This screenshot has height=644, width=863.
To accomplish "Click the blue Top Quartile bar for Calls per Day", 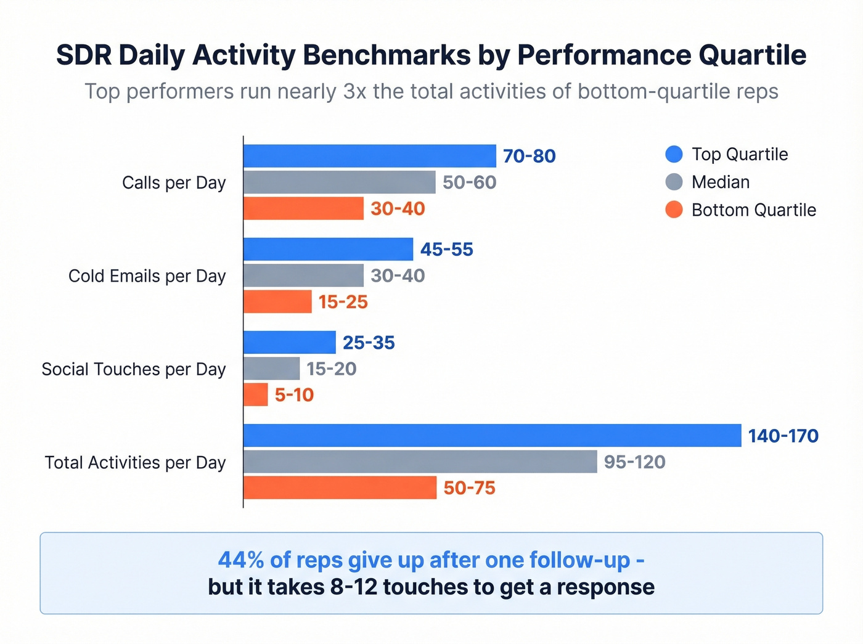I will point(370,156).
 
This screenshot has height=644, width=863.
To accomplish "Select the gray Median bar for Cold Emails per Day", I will point(303,275).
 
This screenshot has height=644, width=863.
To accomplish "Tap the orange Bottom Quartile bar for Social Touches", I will point(256,394).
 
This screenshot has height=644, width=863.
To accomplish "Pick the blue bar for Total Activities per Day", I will point(492,435).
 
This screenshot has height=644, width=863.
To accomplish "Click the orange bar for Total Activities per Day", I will point(340,487).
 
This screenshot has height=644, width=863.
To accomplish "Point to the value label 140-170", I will point(783,436).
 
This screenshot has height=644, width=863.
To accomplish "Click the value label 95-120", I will point(634,462).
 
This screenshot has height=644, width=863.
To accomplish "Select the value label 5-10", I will point(294,395).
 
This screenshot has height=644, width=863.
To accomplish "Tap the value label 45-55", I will point(446,250).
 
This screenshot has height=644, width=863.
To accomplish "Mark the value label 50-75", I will point(469,488).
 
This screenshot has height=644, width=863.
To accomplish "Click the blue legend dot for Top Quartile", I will point(674,154).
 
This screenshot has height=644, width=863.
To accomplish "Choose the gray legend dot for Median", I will point(674,182).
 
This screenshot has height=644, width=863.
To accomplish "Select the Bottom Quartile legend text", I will point(753,210).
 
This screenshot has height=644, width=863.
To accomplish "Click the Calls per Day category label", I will point(174,183).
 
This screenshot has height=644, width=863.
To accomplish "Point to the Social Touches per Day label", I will point(134,369).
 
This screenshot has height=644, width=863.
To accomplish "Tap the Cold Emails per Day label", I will point(147,276).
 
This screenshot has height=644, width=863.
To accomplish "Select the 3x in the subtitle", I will point(355,91).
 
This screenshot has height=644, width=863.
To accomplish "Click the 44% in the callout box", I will point(241,560).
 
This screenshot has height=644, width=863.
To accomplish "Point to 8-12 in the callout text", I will point(353,587).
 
